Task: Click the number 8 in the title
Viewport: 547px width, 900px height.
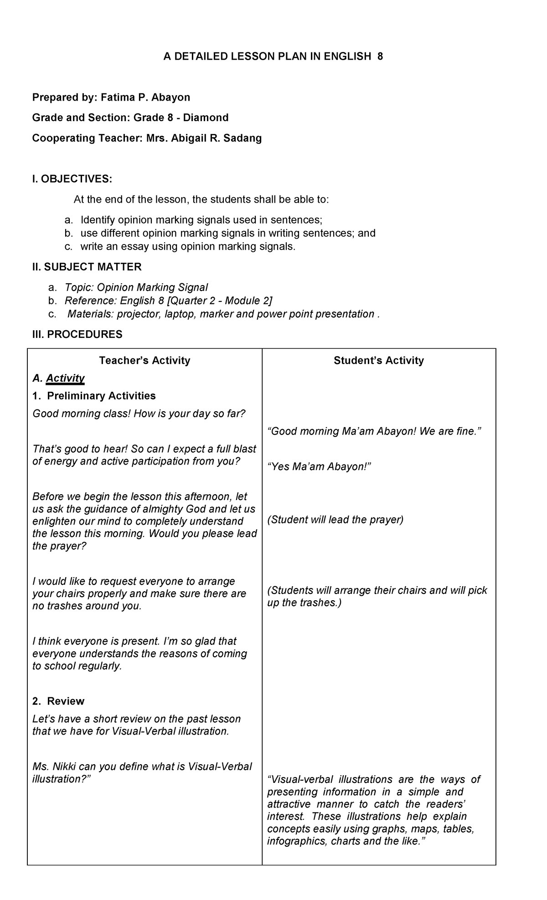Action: click(x=380, y=56)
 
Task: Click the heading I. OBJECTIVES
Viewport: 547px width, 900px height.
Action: click(x=72, y=179)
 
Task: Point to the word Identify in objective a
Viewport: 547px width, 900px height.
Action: click(x=98, y=220)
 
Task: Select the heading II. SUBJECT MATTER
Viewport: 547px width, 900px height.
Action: click(x=87, y=267)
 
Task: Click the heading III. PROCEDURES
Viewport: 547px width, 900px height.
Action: click(x=77, y=334)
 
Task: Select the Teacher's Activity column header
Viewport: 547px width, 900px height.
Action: click(x=144, y=361)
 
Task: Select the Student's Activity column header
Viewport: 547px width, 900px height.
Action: click(x=378, y=361)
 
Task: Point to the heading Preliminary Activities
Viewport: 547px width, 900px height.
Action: click(x=101, y=396)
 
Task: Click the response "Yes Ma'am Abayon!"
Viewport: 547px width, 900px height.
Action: click(x=320, y=467)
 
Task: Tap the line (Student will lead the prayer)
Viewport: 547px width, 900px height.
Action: click(x=335, y=520)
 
